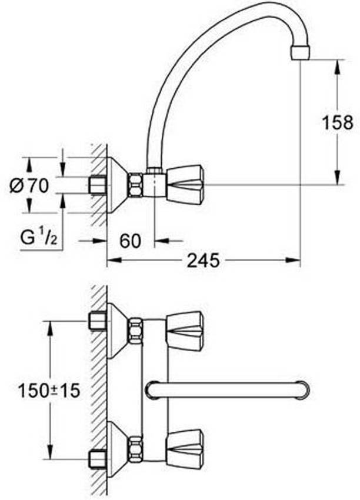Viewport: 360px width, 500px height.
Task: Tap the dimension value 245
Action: click(204, 259)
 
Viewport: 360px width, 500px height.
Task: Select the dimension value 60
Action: click(131, 240)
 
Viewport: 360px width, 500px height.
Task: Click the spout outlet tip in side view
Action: click(301, 52)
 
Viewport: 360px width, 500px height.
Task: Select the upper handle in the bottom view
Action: click(185, 331)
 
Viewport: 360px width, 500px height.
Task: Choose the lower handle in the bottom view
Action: click(185, 448)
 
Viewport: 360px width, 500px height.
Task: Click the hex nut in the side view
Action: click(136, 185)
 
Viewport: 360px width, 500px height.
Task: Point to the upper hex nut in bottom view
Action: click(136, 330)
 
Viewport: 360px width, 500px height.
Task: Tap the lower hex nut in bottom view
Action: click(136, 448)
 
